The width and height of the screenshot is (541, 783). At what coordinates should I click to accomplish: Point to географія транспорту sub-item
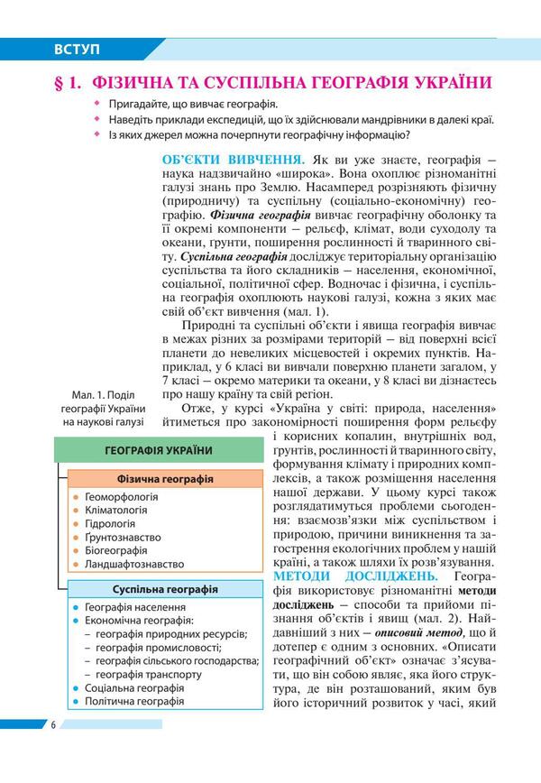148,674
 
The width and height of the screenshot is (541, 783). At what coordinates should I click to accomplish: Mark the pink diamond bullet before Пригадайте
89,105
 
